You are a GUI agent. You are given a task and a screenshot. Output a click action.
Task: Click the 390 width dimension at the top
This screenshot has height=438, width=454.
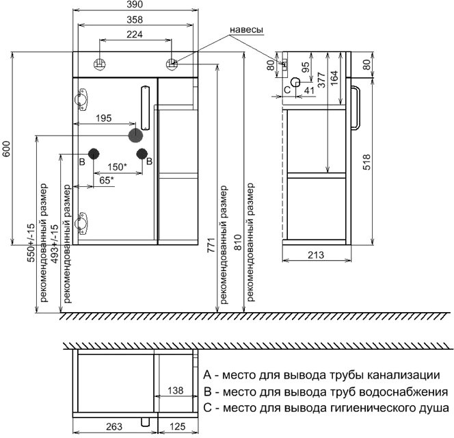tap(135, 4)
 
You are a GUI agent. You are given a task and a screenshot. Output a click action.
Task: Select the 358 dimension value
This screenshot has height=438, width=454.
tap(135, 20)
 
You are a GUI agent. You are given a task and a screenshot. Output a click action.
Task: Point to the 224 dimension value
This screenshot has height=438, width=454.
tap(135, 34)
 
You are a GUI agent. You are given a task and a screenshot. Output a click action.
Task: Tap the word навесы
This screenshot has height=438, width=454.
tap(246, 29)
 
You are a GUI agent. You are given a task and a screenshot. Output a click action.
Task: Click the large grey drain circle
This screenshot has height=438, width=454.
tap(135, 136)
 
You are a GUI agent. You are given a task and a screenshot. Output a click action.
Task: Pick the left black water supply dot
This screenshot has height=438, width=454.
tap(94, 154)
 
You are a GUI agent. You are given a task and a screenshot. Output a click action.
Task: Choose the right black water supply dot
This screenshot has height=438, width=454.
tap(142, 154)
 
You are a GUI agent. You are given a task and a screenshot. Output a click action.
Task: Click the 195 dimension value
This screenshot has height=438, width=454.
tap(104, 118)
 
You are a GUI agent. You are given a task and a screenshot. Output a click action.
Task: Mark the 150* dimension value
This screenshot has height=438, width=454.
tap(118, 167)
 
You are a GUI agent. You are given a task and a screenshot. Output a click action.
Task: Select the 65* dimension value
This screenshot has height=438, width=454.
tap(107, 180)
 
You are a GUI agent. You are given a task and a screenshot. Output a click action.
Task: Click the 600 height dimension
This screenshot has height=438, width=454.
tap(6, 149)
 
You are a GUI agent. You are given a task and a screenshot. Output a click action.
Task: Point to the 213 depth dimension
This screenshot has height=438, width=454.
tap(316, 255)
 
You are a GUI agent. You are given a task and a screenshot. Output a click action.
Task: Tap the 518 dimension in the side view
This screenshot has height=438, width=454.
tap(366, 162)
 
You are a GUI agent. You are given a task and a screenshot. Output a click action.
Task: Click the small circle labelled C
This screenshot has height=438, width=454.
tap(295, 83)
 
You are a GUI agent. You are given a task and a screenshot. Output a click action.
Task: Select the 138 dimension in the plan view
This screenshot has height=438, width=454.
tap(176, 391)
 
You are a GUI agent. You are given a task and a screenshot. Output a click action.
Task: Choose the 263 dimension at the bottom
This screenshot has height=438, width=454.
tap(114, 426)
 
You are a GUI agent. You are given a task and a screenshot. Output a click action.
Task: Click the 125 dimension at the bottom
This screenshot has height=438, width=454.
tap(177, 426)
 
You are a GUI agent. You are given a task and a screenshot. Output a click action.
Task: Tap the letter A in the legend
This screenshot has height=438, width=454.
tap(207, 375)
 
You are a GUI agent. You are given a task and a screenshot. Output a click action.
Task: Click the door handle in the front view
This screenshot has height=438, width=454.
tap(145, 108)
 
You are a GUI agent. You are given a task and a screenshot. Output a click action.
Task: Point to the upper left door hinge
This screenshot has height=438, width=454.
tap(81, 99)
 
